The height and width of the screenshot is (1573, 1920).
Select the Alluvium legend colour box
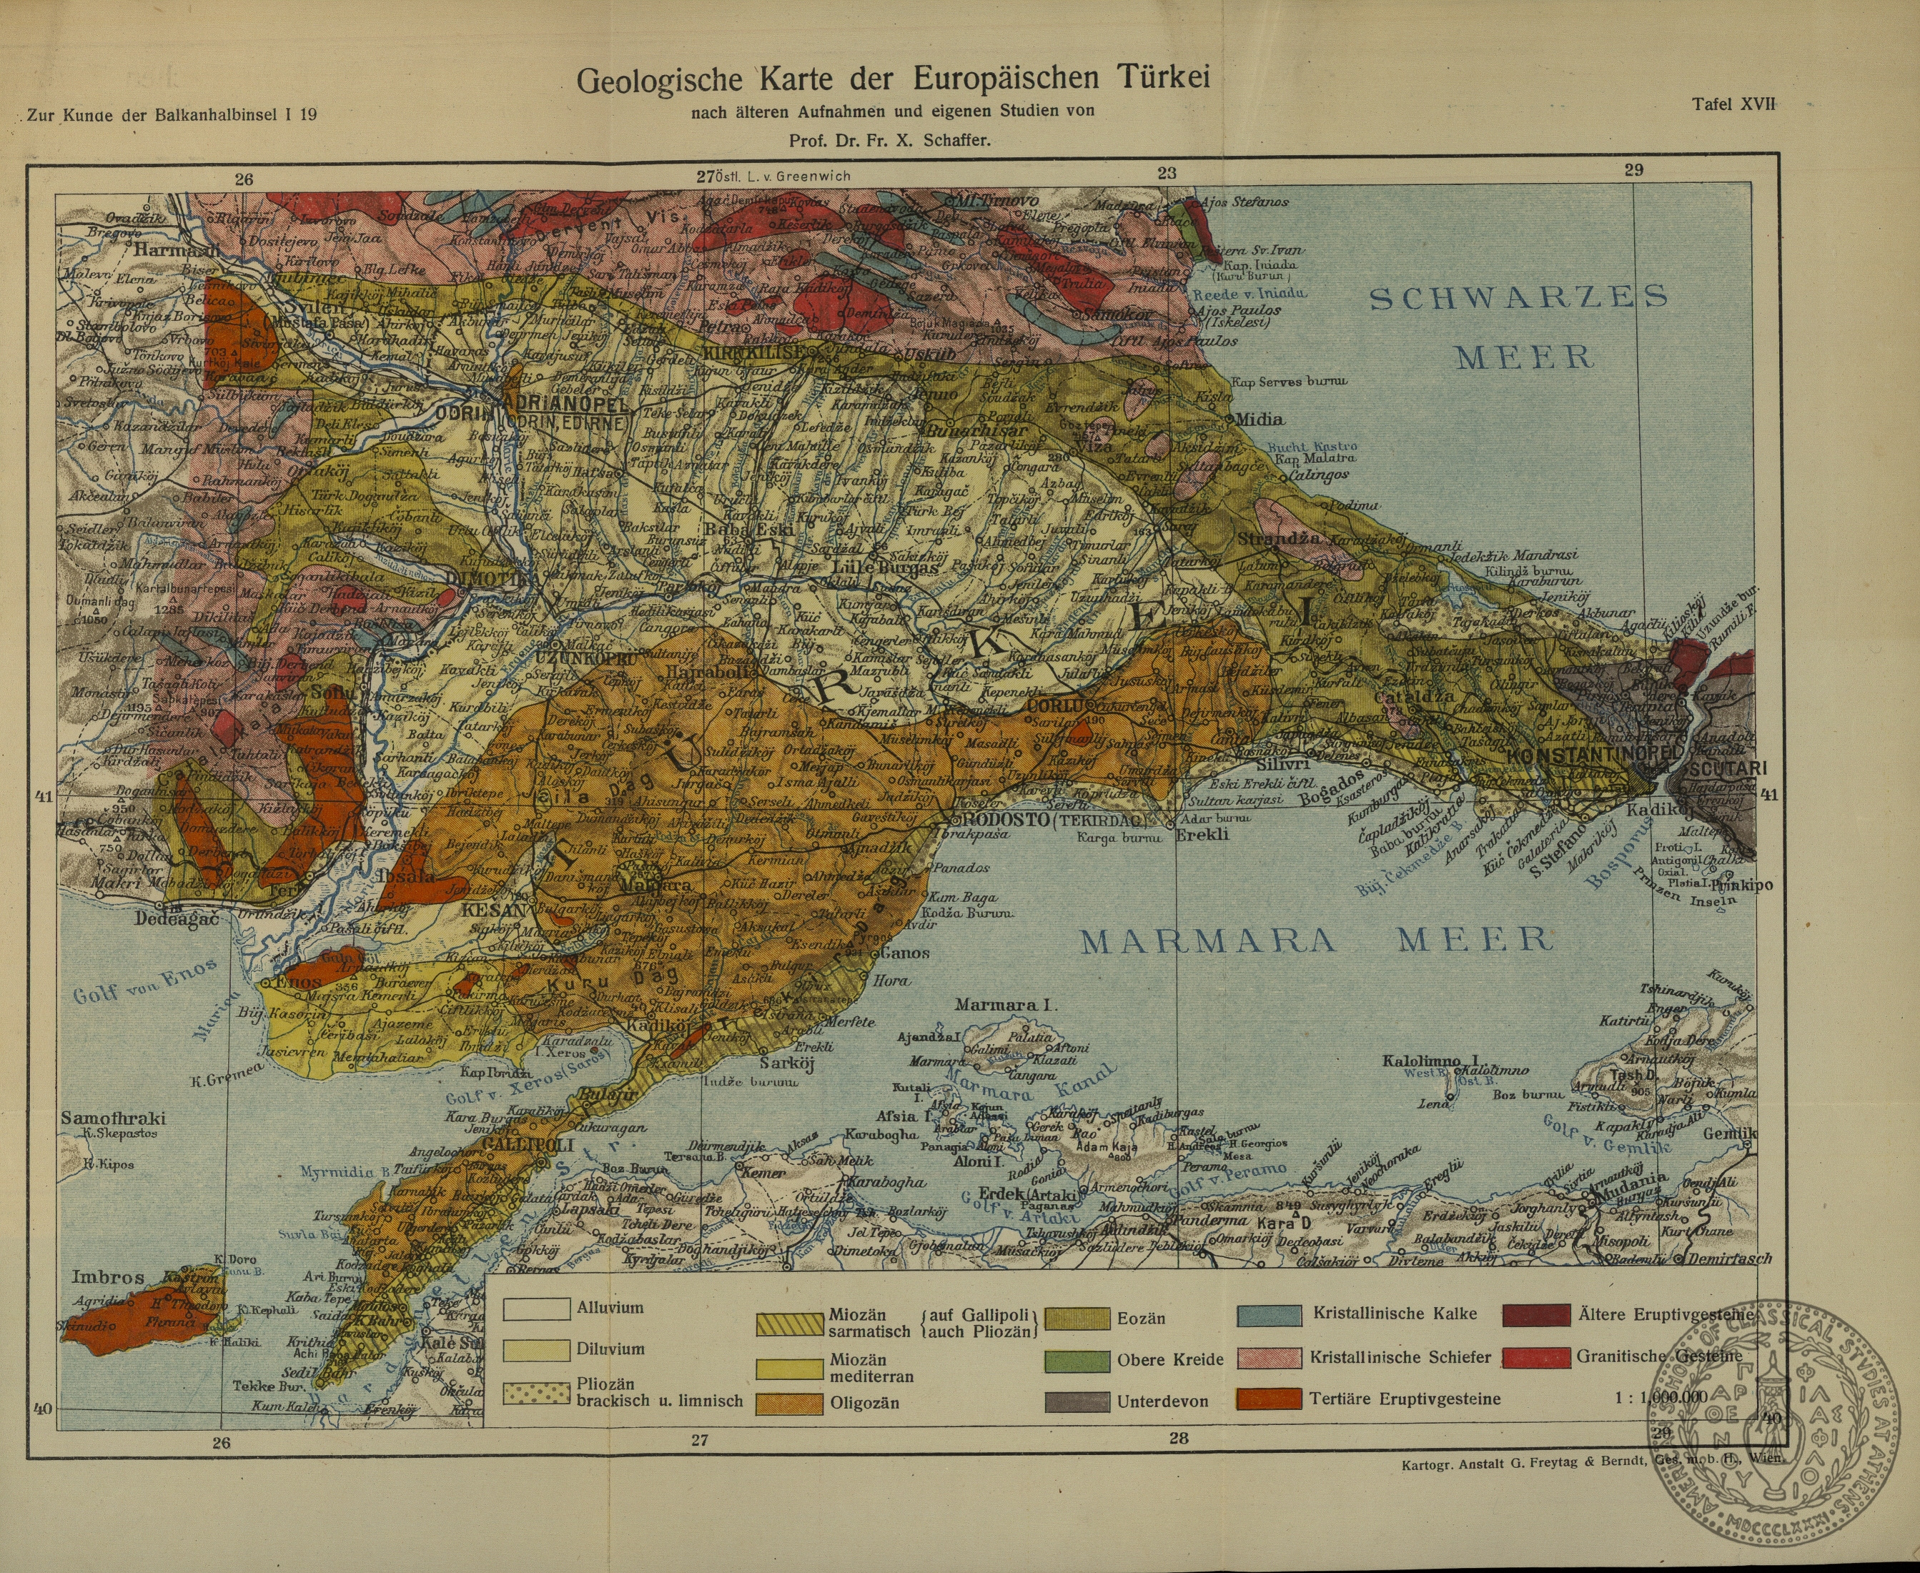(535, 1309)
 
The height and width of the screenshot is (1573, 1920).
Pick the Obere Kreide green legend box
(1077, 1360)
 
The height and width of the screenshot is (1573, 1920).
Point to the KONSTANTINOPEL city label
(1594, 754)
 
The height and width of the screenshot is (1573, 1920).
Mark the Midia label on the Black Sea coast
(1260, 419)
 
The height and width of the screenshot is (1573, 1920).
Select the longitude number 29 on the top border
(1633, 169)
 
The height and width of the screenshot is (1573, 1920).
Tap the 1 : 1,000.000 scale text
(1660, 1397)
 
